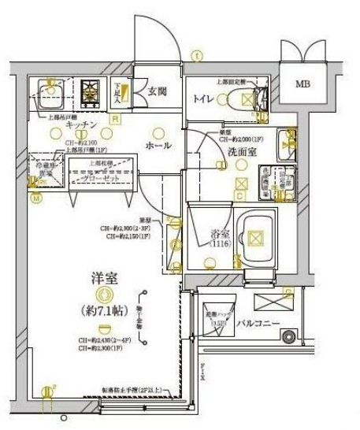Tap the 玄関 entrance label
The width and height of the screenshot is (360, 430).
(158, 92)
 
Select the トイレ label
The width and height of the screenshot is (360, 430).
(206, 98)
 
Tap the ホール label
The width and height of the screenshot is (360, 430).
(158, 146)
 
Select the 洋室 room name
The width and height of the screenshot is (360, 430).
(104, 280)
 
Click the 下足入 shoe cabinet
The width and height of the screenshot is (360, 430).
(117, 94)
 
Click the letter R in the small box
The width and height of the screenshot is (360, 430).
(115, 120)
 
